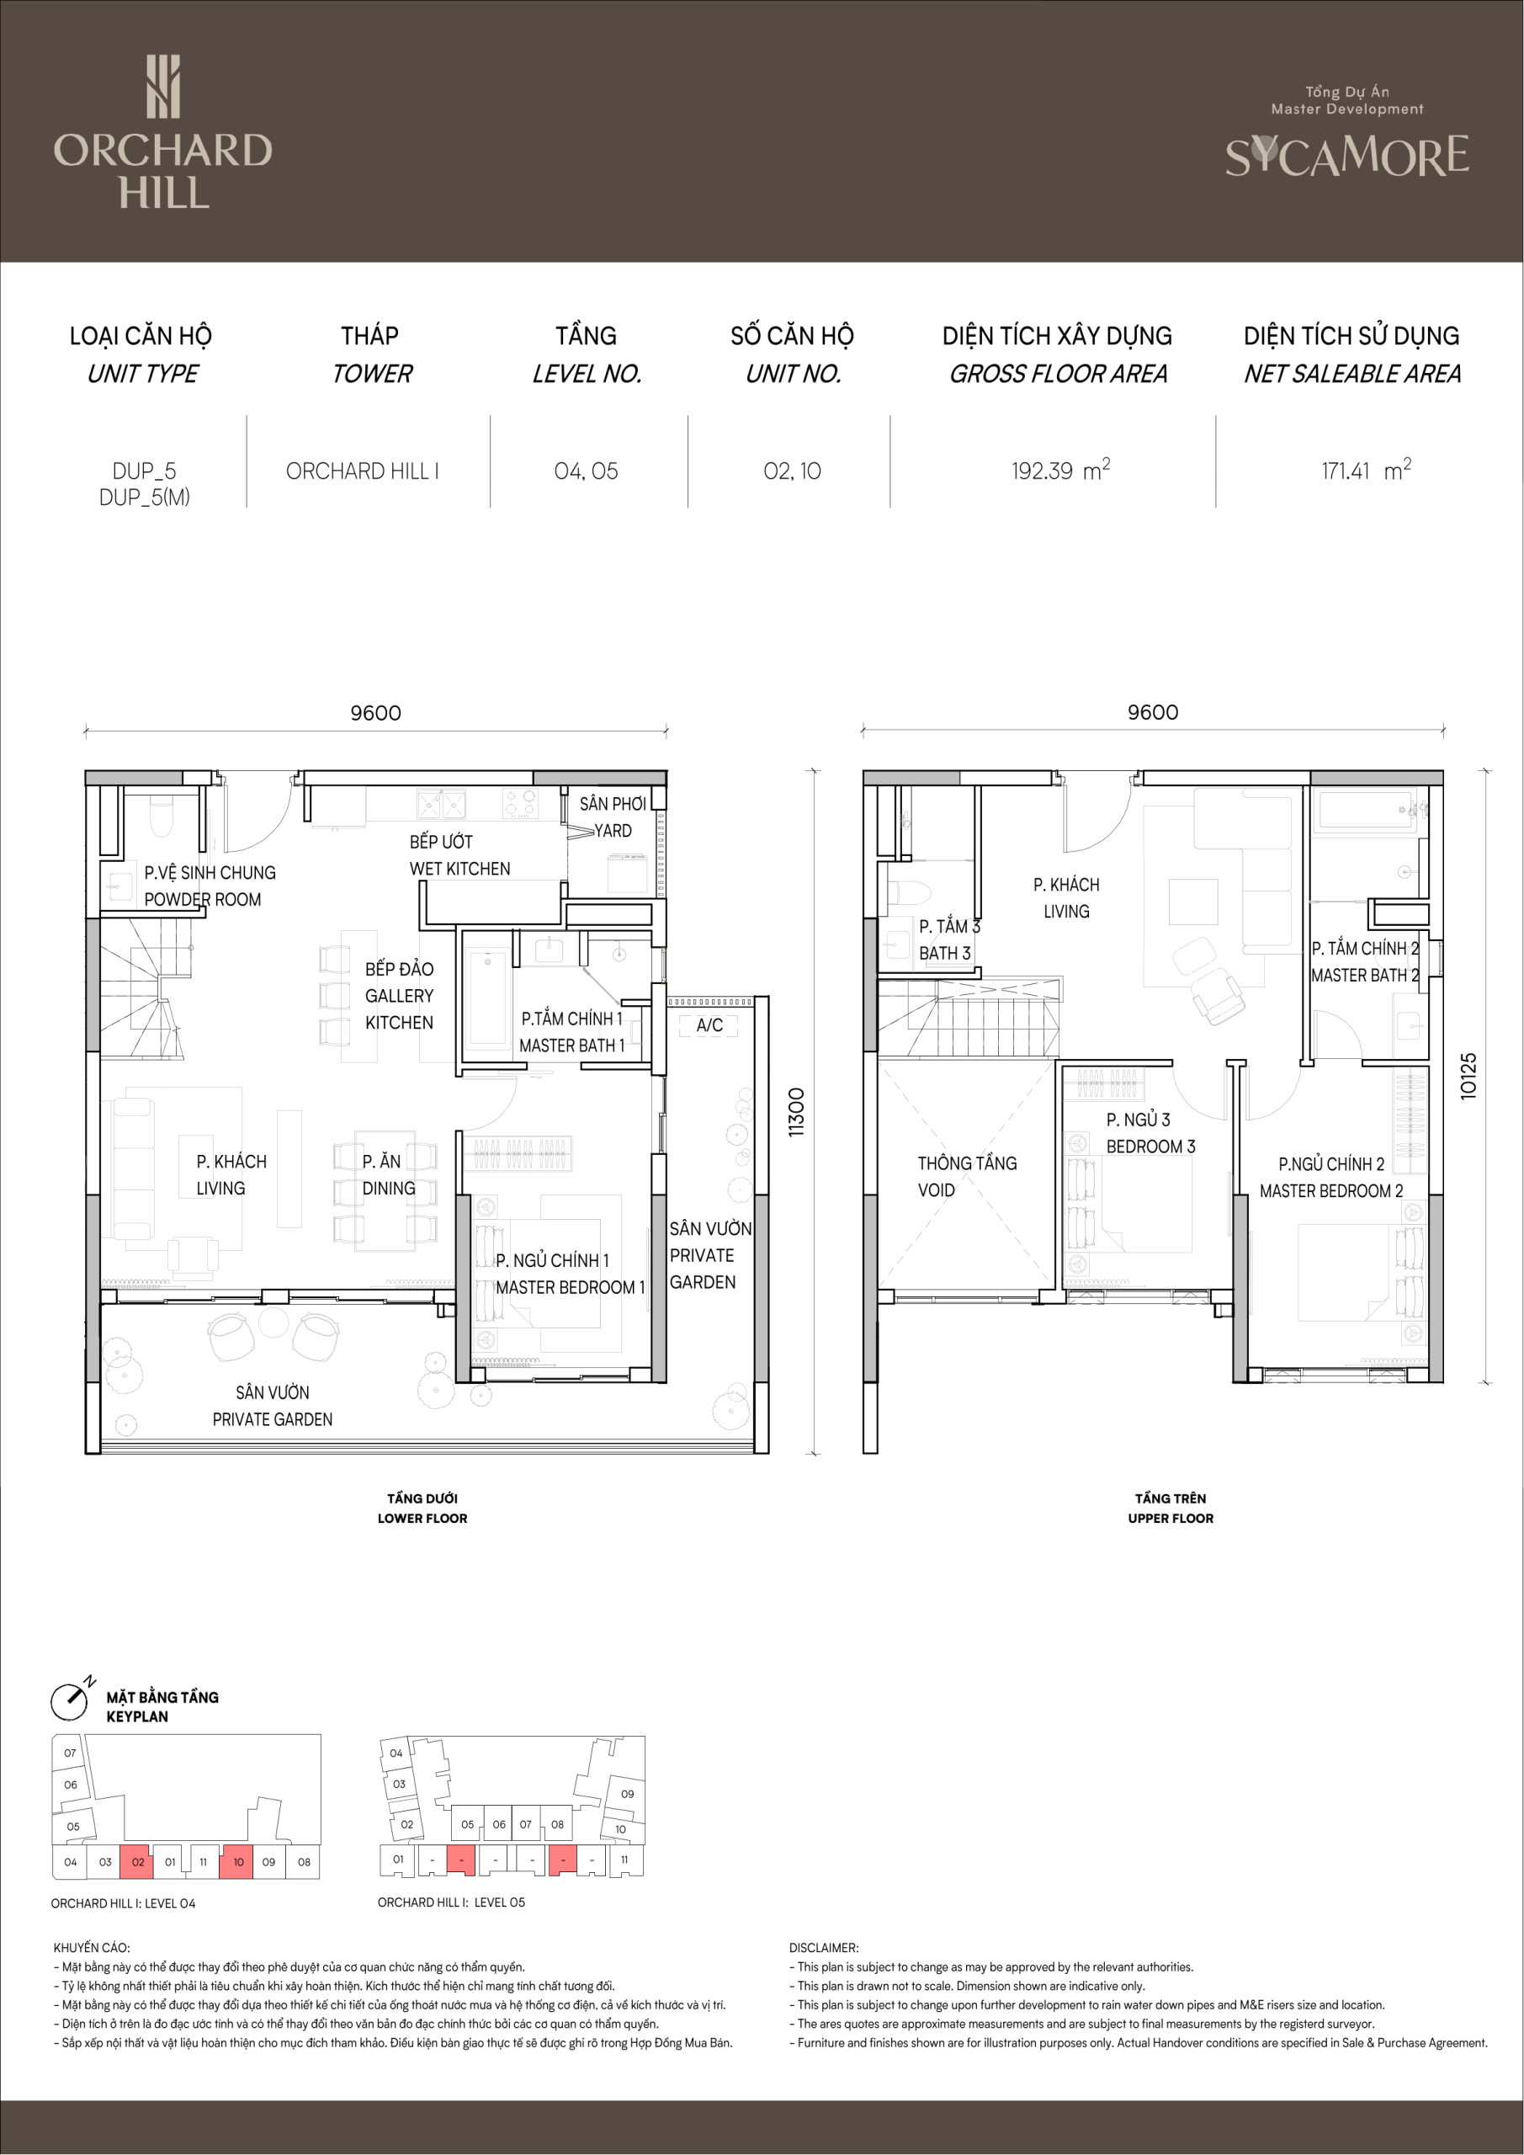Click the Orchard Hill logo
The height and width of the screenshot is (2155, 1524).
pos(162,132)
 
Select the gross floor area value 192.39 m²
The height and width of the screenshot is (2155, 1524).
pos(1060,471)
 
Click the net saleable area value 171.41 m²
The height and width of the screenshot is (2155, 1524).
pos(1367,471)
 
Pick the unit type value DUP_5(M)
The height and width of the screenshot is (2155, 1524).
pos(145,498)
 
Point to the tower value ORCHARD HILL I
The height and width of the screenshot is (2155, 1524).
pos(362,471)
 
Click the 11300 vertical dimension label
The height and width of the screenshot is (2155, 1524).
pos(797,1112)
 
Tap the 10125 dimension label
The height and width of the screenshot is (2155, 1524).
pos(1468,1076)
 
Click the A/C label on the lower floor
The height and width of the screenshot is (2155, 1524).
pos(709,1025)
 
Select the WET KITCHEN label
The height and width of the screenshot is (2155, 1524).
pos(459,869)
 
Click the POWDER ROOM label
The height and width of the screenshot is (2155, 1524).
pos(203,899)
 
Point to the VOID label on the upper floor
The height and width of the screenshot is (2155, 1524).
pos(937,1190)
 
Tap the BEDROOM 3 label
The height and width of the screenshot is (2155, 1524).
pos(1150,1147)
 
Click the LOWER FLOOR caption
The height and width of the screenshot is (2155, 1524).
pos(422,1519)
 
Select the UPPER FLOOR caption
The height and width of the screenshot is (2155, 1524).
pos(1171,1519)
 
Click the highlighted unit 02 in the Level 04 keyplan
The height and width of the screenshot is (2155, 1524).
pos(137,1862)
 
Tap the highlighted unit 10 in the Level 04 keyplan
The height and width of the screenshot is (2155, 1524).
pos(237,1862)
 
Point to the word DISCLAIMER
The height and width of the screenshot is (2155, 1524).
pos(823,1948)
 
